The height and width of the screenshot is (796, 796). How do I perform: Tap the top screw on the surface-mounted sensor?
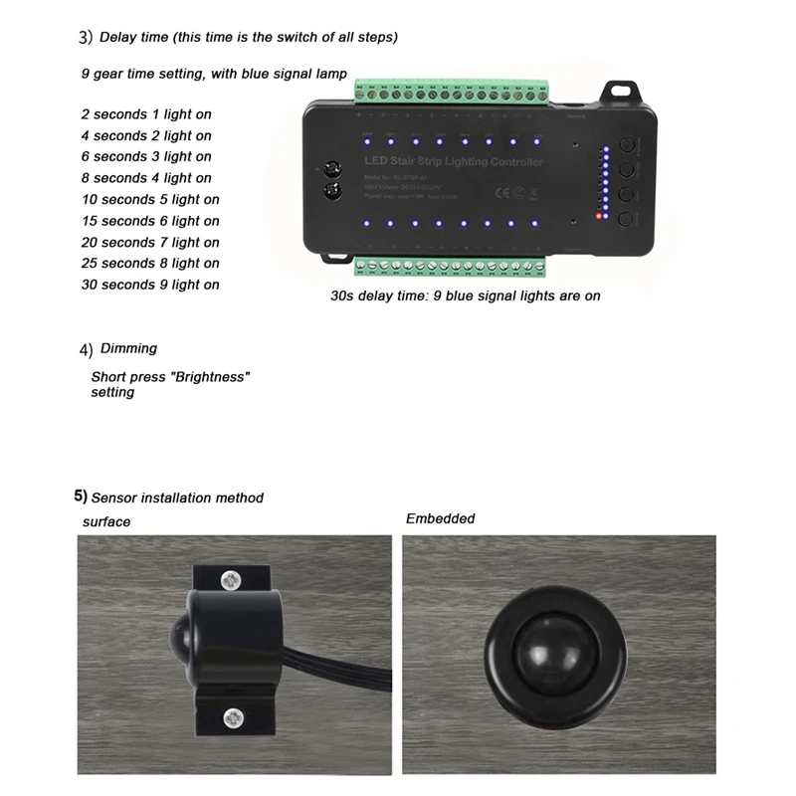click(x=231, y=577)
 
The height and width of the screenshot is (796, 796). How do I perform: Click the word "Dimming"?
click(x=128, y=348)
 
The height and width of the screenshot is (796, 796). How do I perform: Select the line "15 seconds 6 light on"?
click(x=150, y=221)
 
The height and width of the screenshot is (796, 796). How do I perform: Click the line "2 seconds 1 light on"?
click(x=146, y=114)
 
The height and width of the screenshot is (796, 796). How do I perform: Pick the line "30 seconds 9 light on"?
click(x=150, y=285)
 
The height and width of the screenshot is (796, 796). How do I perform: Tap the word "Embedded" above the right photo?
click(x=440, y=518)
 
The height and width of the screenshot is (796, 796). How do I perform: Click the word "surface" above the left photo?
click(x=106, y=521)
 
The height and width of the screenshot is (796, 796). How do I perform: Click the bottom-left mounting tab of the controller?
click(x=335, y=258)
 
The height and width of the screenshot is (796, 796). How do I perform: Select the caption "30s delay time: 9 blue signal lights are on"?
click(x=466, y=296)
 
